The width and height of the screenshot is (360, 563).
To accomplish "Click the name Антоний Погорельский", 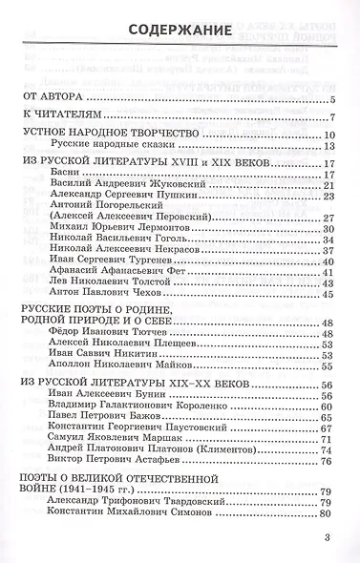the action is point(101,217).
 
